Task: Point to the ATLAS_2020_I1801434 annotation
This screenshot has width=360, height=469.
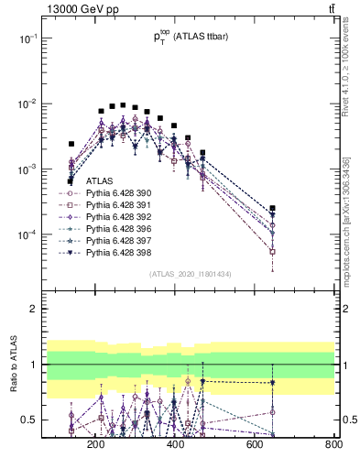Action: pyautogui.click(x=190, y=275)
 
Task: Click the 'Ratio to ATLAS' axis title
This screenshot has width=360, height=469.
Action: pyautogui.click(x=12, y=367)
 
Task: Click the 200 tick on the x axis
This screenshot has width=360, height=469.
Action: pyautogui.click(x=95, y=445)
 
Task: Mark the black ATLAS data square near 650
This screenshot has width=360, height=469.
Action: pyautogui.click(x=273, y=209)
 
